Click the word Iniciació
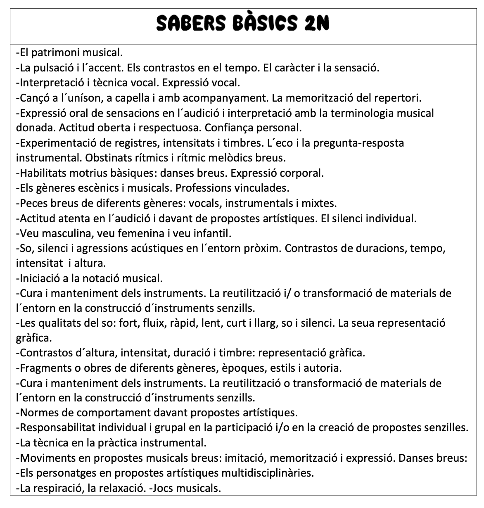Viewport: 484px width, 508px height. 38,278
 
